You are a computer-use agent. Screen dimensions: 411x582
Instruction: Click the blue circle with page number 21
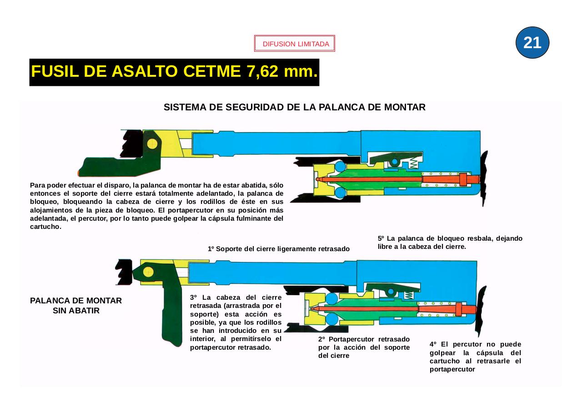[x=532, y=43]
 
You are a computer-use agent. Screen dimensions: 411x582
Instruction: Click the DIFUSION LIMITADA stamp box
[x=295, y=44]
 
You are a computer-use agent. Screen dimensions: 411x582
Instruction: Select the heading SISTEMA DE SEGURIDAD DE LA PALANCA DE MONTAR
[x=294, y=108]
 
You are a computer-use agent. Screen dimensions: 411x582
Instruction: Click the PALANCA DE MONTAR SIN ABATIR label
[x=76, y=306]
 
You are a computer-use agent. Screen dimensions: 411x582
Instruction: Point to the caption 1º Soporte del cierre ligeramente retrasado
[x=278, y=249]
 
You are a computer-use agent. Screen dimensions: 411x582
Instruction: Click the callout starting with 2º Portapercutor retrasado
[x=364, y=347]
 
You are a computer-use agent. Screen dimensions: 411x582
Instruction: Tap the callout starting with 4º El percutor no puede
[x=475, y=357]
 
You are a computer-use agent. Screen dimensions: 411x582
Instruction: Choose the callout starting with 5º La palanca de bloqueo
[x=449, y=243]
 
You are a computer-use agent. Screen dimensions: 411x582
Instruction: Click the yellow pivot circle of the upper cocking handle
[x=152, y=144]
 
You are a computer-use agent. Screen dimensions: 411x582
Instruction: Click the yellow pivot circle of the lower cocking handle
[x=147, y=272]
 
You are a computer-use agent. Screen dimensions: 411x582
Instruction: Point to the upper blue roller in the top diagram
[x=340, y=168]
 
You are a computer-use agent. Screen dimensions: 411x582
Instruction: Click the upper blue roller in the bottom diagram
[x=332, y=298]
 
